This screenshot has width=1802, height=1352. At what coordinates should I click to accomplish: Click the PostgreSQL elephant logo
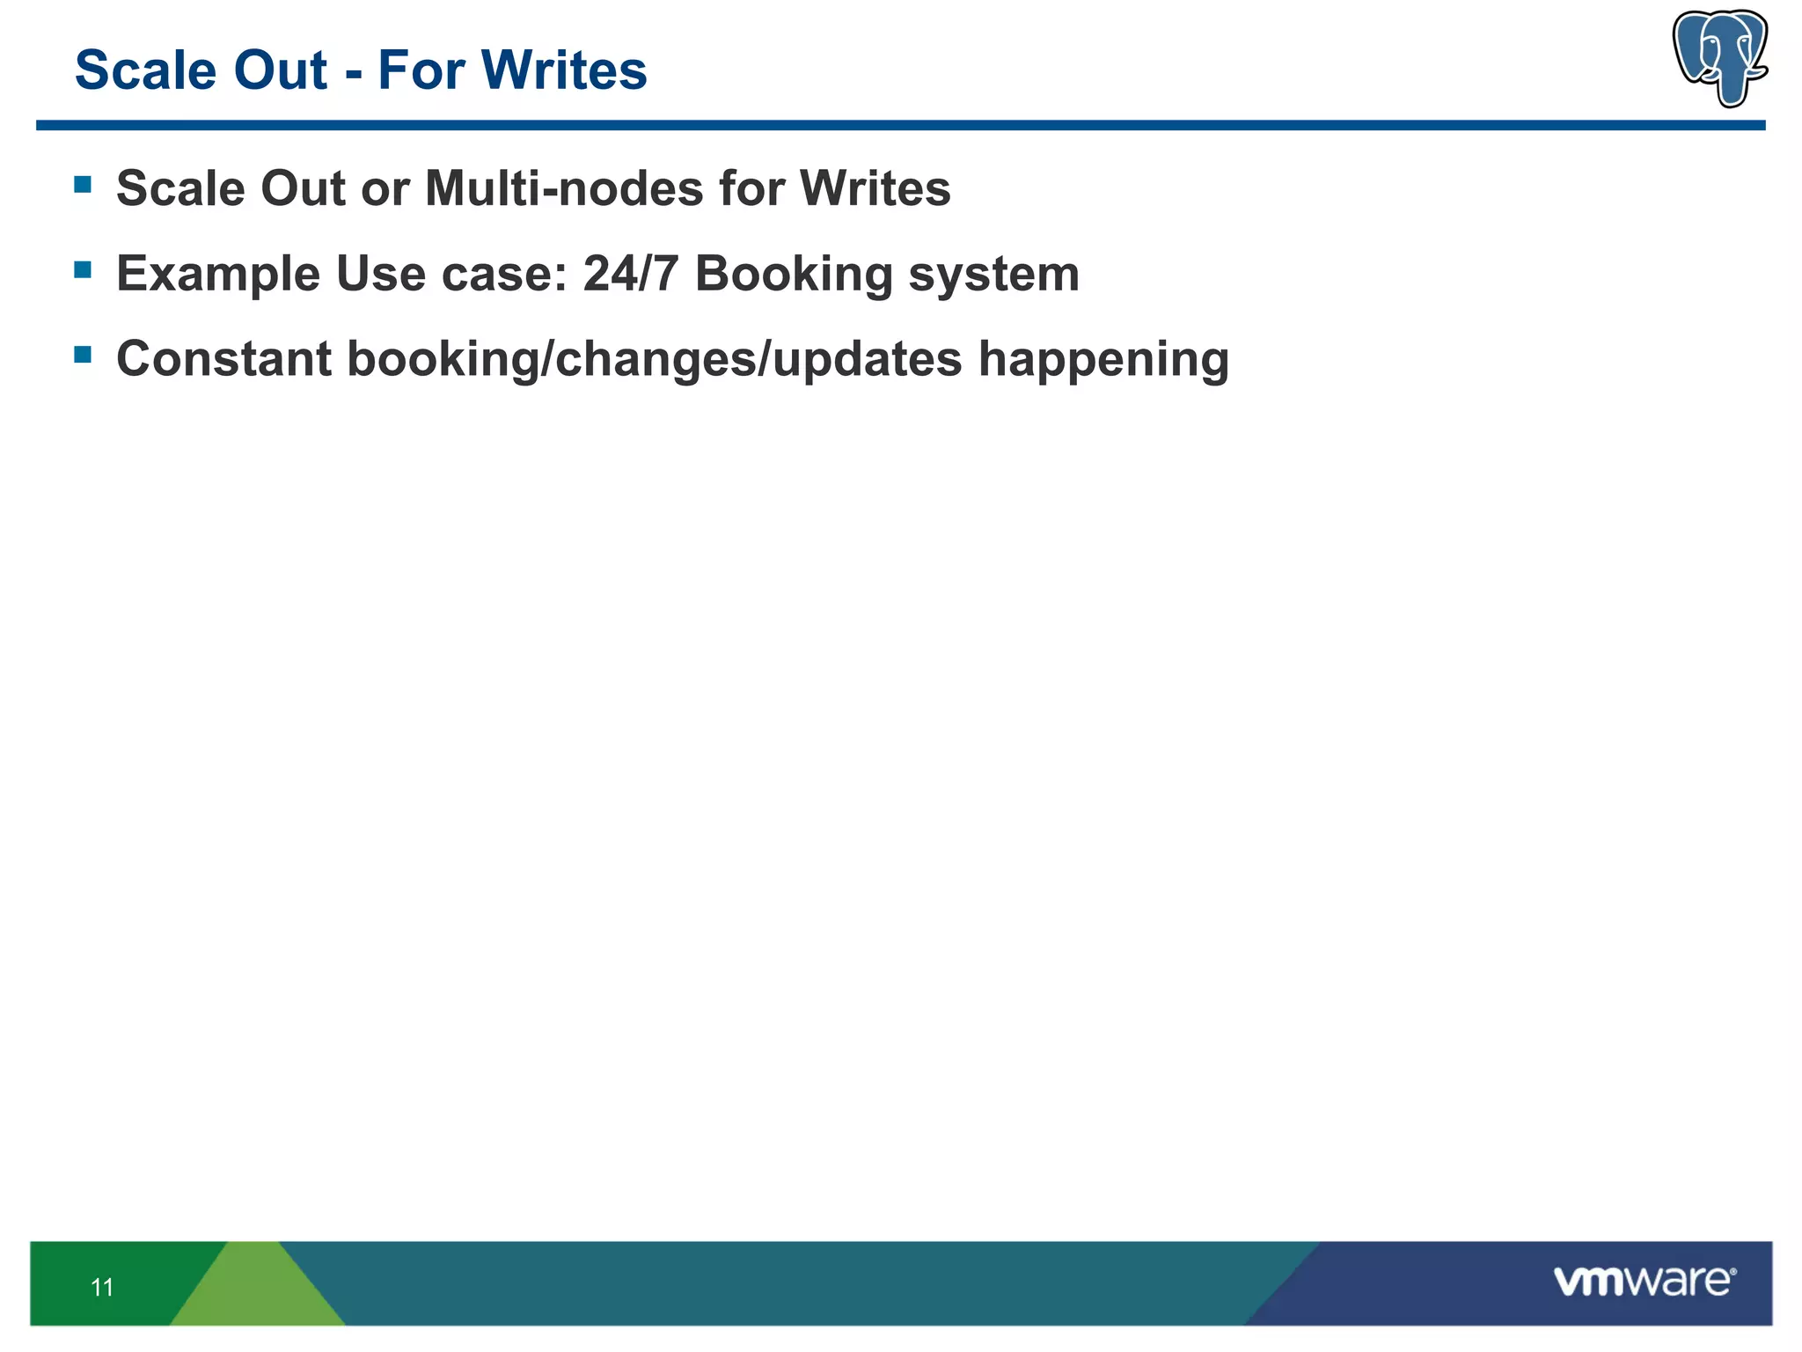click(1720, 57)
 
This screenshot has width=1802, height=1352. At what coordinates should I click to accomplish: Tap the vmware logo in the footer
click(1644, 1281)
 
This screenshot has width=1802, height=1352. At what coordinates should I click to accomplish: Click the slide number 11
click(102, 1288)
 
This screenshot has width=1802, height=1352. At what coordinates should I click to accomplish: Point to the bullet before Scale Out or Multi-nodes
click(83, 184)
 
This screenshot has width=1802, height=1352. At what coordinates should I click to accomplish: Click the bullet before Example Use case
click(83, 269)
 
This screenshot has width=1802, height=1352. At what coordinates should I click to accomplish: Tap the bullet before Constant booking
click(83, 355)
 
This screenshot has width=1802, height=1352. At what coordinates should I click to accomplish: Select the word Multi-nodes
click(564, 188)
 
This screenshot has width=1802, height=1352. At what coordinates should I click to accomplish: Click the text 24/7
click(631, 274)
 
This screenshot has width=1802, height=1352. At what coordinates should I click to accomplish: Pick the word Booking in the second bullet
click(794, 274)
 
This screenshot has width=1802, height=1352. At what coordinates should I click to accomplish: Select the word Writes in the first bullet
click(875, 188)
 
